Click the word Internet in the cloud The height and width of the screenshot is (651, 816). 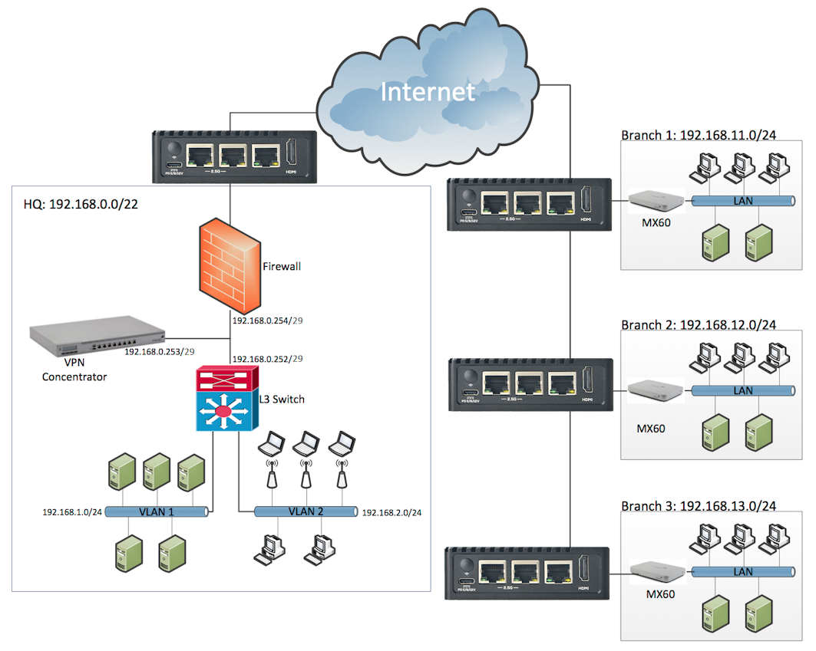coord(428,92)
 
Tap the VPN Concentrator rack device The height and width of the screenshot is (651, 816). coord(97,337)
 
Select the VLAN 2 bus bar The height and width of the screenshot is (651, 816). coord(305,511)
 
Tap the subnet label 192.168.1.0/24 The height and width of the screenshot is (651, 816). coord(72,511)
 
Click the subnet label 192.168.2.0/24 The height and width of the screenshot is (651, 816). coord(391,511)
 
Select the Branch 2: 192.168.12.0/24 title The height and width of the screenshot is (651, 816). coord(698,324)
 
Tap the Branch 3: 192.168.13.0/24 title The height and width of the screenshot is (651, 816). coord(698,506)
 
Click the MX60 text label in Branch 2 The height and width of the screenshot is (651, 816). coord(651,428)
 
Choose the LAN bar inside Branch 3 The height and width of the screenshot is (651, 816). coord(742,572)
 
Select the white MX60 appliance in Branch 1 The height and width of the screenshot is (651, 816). coord(655,201)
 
